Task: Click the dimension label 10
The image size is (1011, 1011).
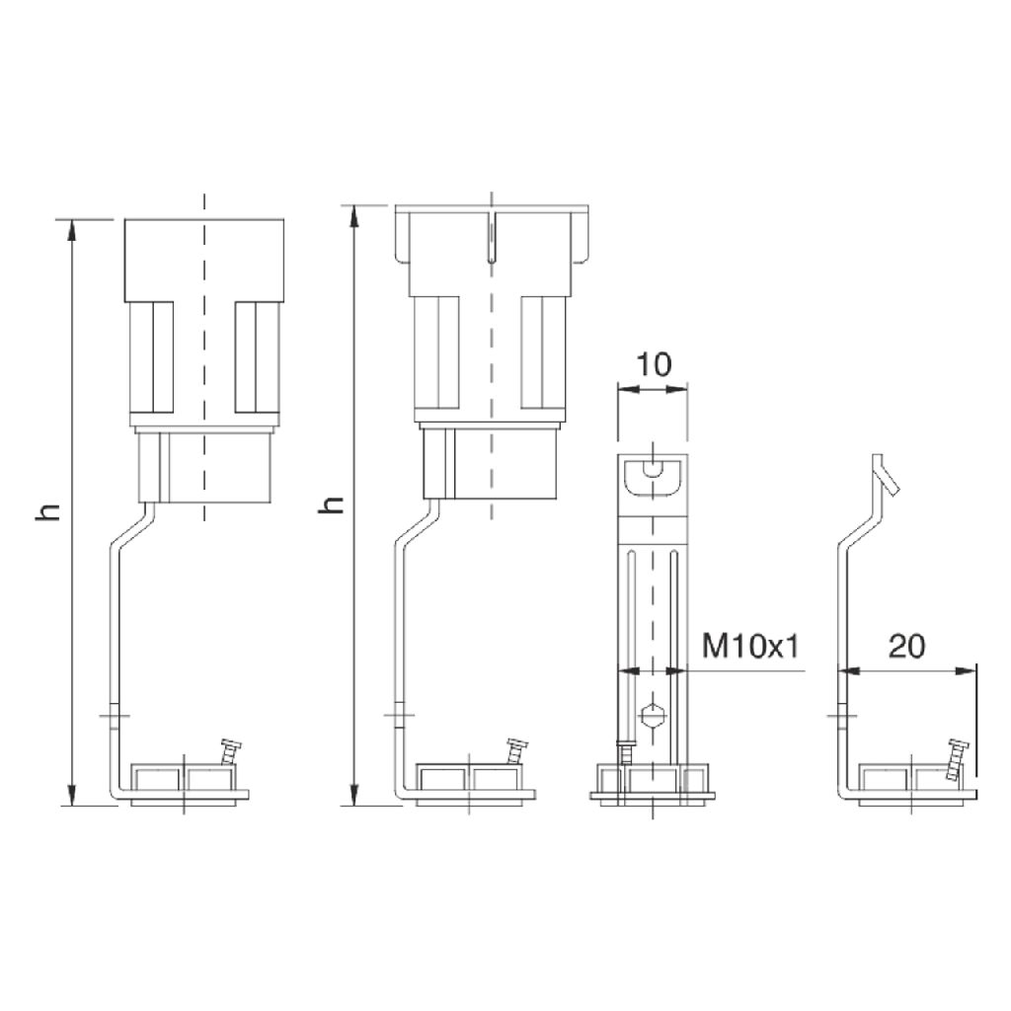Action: [x=654, y=364]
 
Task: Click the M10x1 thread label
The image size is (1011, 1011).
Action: [x=750, y=646]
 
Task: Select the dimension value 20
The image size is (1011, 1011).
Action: [x=907, y=646]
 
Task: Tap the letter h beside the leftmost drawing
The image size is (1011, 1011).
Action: [x=48, y=511]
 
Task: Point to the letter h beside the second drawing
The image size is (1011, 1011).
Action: [x=332, y=505]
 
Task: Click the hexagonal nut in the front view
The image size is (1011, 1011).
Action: [x=654, y=715]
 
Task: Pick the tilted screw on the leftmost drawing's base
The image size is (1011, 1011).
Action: [x=230, y=751]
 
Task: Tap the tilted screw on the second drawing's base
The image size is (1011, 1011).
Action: [x=515, y=751]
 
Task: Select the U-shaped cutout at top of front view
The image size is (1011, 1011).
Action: [x=654, y=478]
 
